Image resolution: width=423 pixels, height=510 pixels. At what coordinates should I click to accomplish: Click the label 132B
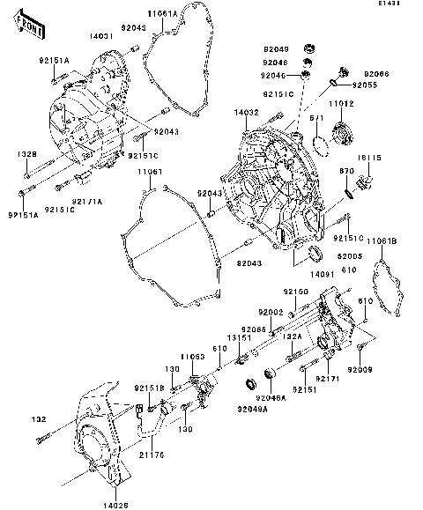click(x=26, y=154)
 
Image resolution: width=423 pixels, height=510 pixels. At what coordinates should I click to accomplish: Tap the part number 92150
click(x=295, y=291)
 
